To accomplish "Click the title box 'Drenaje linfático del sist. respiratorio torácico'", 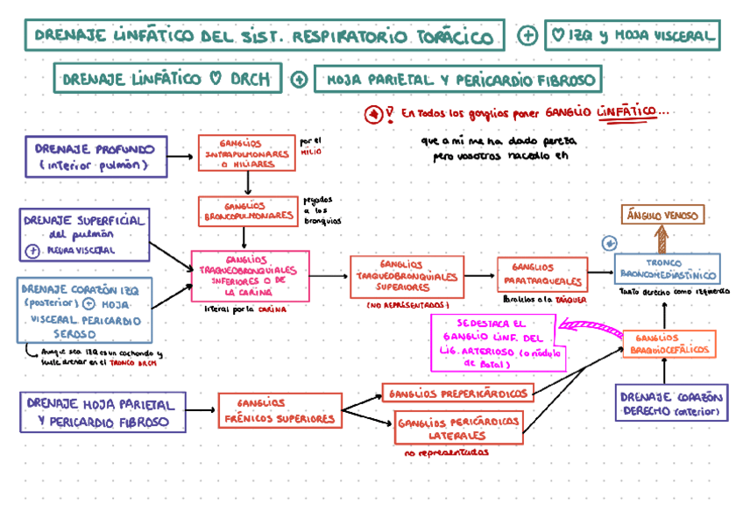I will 264,36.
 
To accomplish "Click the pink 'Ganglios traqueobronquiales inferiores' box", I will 250,276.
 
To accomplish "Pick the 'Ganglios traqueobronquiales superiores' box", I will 406,276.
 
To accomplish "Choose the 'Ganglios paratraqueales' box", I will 541,275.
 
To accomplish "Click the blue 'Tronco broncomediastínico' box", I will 666,269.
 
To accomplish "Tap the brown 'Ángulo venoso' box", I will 662,215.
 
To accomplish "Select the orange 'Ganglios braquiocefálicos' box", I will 669,344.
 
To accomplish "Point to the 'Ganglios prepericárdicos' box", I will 456,394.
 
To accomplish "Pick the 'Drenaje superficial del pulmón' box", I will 84,234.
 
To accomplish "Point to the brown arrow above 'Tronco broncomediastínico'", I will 662,239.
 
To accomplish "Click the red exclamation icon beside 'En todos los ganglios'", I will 374,114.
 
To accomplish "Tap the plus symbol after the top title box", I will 527,36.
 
